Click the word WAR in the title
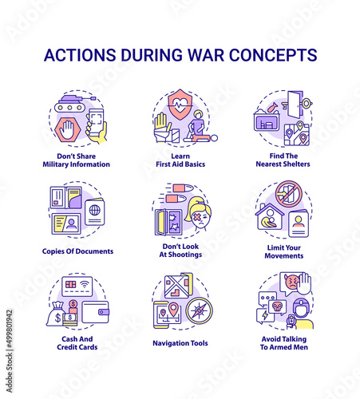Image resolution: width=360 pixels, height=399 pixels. tap(205, 55)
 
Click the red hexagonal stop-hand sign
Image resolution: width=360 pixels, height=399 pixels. tap(67, 129)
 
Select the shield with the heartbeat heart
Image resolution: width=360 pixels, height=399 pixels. tap(180, 105)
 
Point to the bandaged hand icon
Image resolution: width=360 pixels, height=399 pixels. tap(162, 128)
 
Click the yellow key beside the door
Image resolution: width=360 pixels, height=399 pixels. tap(304, 104)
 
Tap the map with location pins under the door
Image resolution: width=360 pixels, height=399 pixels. tap(297, 133)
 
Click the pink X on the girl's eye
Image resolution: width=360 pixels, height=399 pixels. tap(196, 218)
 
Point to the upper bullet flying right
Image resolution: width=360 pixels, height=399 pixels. tap(181, 188)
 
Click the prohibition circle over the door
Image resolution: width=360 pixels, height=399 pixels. tap(288, 194)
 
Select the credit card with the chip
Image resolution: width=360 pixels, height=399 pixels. tap(77, 286)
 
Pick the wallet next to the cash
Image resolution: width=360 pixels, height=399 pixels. tap(95, 312)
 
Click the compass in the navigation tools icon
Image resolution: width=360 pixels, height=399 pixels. tap(199, 310)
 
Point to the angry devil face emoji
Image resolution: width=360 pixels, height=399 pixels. tap(292, 282)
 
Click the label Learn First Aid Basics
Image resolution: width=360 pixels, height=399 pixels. tap(180, 160)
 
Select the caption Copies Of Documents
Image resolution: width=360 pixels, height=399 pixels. tap(77, 251)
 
